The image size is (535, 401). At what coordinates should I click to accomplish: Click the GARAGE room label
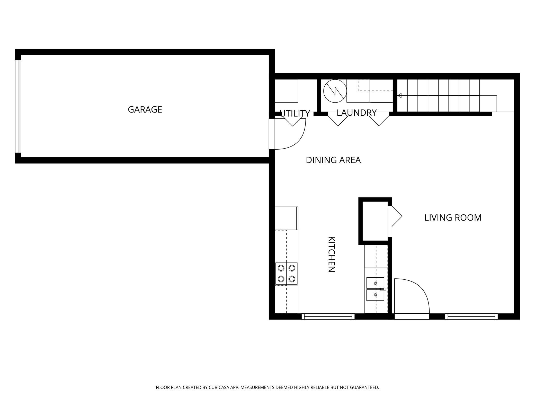[145, 110]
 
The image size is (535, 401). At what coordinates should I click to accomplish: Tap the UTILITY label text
[295, 113]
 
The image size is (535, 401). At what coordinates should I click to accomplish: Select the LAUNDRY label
[356, 113]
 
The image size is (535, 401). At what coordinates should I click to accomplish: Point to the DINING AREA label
[333, 160]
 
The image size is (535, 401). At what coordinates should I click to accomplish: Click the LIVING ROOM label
[453, 218]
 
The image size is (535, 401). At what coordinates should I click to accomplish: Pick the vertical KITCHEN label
[331, 254]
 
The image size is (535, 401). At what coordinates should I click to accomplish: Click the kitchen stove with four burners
[287, 274]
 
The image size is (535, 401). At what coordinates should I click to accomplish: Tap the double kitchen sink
[375, 289]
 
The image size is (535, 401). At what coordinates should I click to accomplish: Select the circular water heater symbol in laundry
[335, 91]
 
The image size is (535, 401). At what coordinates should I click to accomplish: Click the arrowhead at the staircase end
[399, 96]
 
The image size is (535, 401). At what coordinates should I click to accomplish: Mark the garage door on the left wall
[18, 106]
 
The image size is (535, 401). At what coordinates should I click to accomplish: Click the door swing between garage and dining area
[290, 134]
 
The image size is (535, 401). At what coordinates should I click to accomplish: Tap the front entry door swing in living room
[412, 296]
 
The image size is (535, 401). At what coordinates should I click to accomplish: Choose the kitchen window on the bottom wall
[328, 316]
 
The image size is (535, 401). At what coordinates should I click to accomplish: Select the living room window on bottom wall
[471, 316]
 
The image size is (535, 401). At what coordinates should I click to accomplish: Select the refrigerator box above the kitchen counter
[287, 218]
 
